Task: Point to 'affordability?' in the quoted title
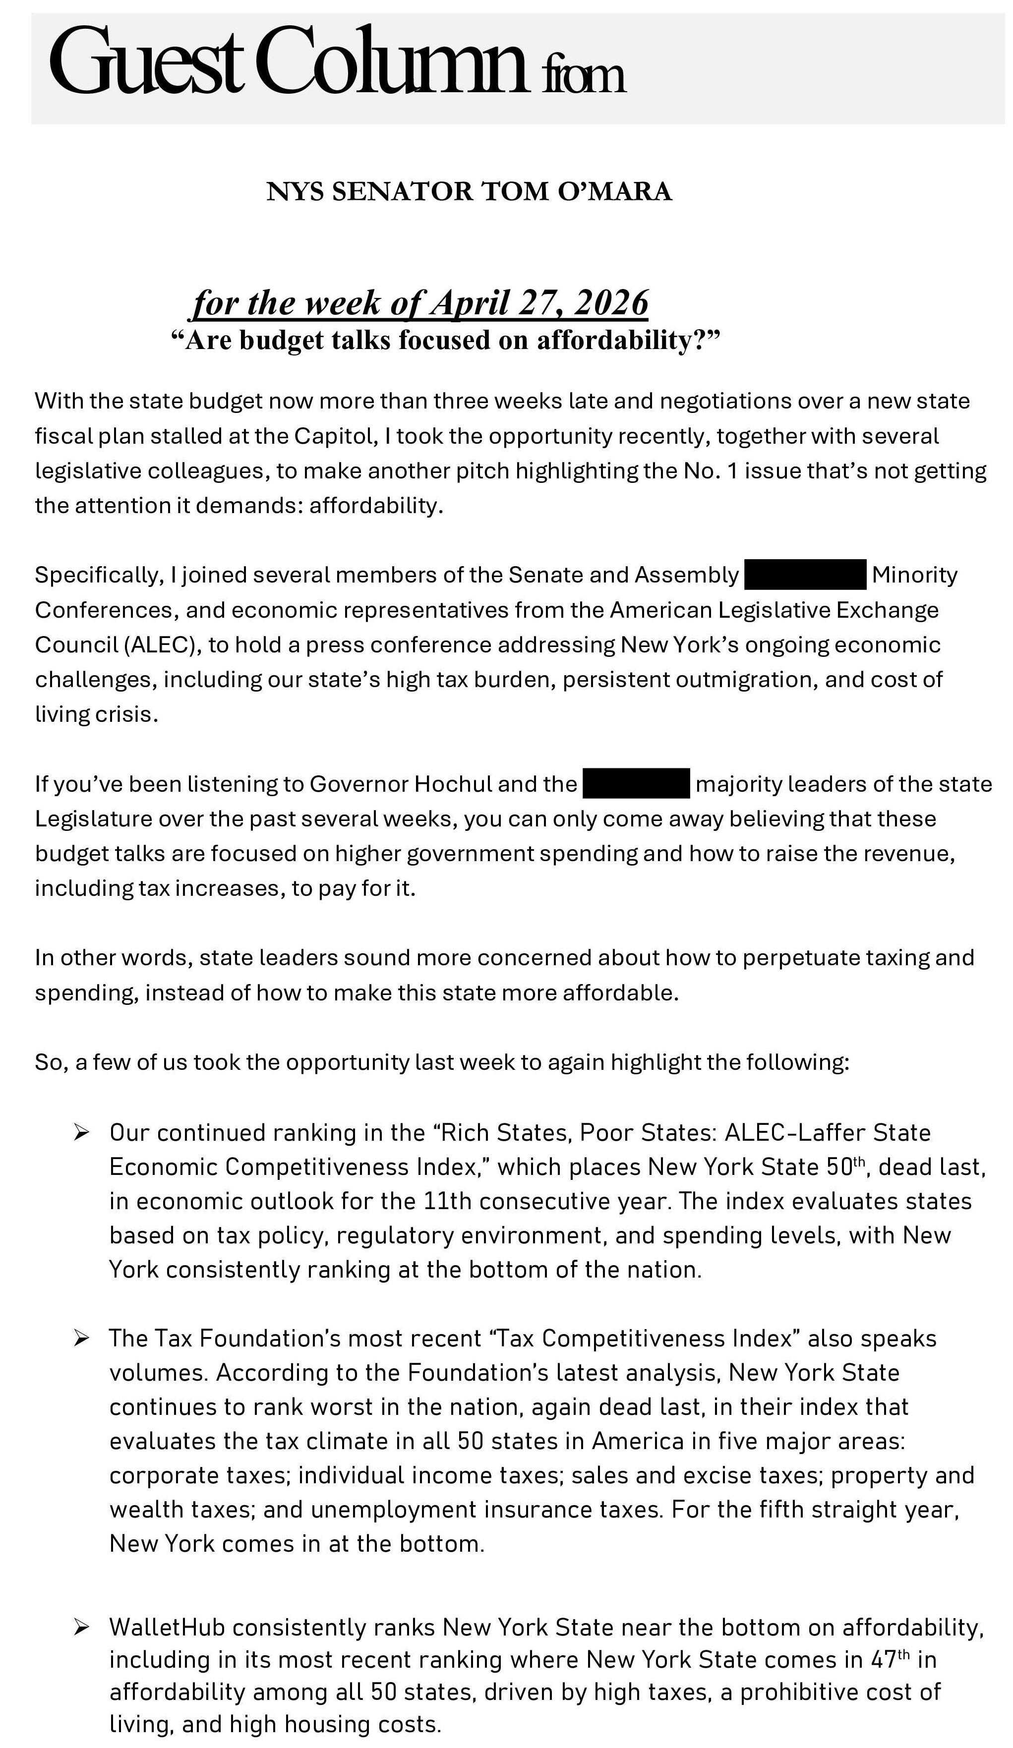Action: (629, 340)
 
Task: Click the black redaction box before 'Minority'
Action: (805, 575)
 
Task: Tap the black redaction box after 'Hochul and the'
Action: (636, 783)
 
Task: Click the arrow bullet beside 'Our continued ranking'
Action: (81, 1132)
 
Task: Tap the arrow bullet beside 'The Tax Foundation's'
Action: (81, 1338)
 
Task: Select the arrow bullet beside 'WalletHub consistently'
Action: (81, 1627)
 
